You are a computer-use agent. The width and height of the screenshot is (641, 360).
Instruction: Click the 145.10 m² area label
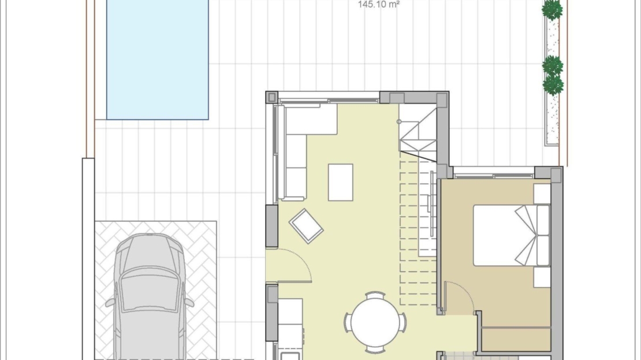coord(379,5)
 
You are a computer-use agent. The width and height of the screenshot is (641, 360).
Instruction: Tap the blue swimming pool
coord(158,60)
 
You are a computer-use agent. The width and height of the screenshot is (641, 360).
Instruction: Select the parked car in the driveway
coord(150,296)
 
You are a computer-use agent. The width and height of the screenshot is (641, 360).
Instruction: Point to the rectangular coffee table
coord(341,183)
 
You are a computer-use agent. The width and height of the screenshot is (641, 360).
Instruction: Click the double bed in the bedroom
coord(512,236)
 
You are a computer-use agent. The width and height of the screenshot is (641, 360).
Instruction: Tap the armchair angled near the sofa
coord(306,226)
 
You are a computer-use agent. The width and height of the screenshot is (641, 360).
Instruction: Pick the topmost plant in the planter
coord(552,10)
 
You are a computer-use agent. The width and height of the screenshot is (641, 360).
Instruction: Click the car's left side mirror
coord(110,303)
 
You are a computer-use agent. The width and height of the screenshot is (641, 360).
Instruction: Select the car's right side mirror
coord(189,302)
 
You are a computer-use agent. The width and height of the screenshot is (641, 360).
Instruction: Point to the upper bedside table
coord(542,194)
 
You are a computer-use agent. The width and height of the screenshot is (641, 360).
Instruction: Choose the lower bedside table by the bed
coord(542,277)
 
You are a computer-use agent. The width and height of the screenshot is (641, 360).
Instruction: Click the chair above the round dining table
coord(375,295)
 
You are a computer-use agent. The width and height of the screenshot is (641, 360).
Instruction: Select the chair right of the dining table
coord(403,322)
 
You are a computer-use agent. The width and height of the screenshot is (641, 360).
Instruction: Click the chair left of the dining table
coord(348,322)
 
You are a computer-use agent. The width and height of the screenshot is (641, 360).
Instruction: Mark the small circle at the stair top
coord(399,121)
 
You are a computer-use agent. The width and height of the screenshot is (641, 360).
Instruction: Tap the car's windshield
coord(150,289)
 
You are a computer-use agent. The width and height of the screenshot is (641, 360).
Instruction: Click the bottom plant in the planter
coord(553,85)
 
